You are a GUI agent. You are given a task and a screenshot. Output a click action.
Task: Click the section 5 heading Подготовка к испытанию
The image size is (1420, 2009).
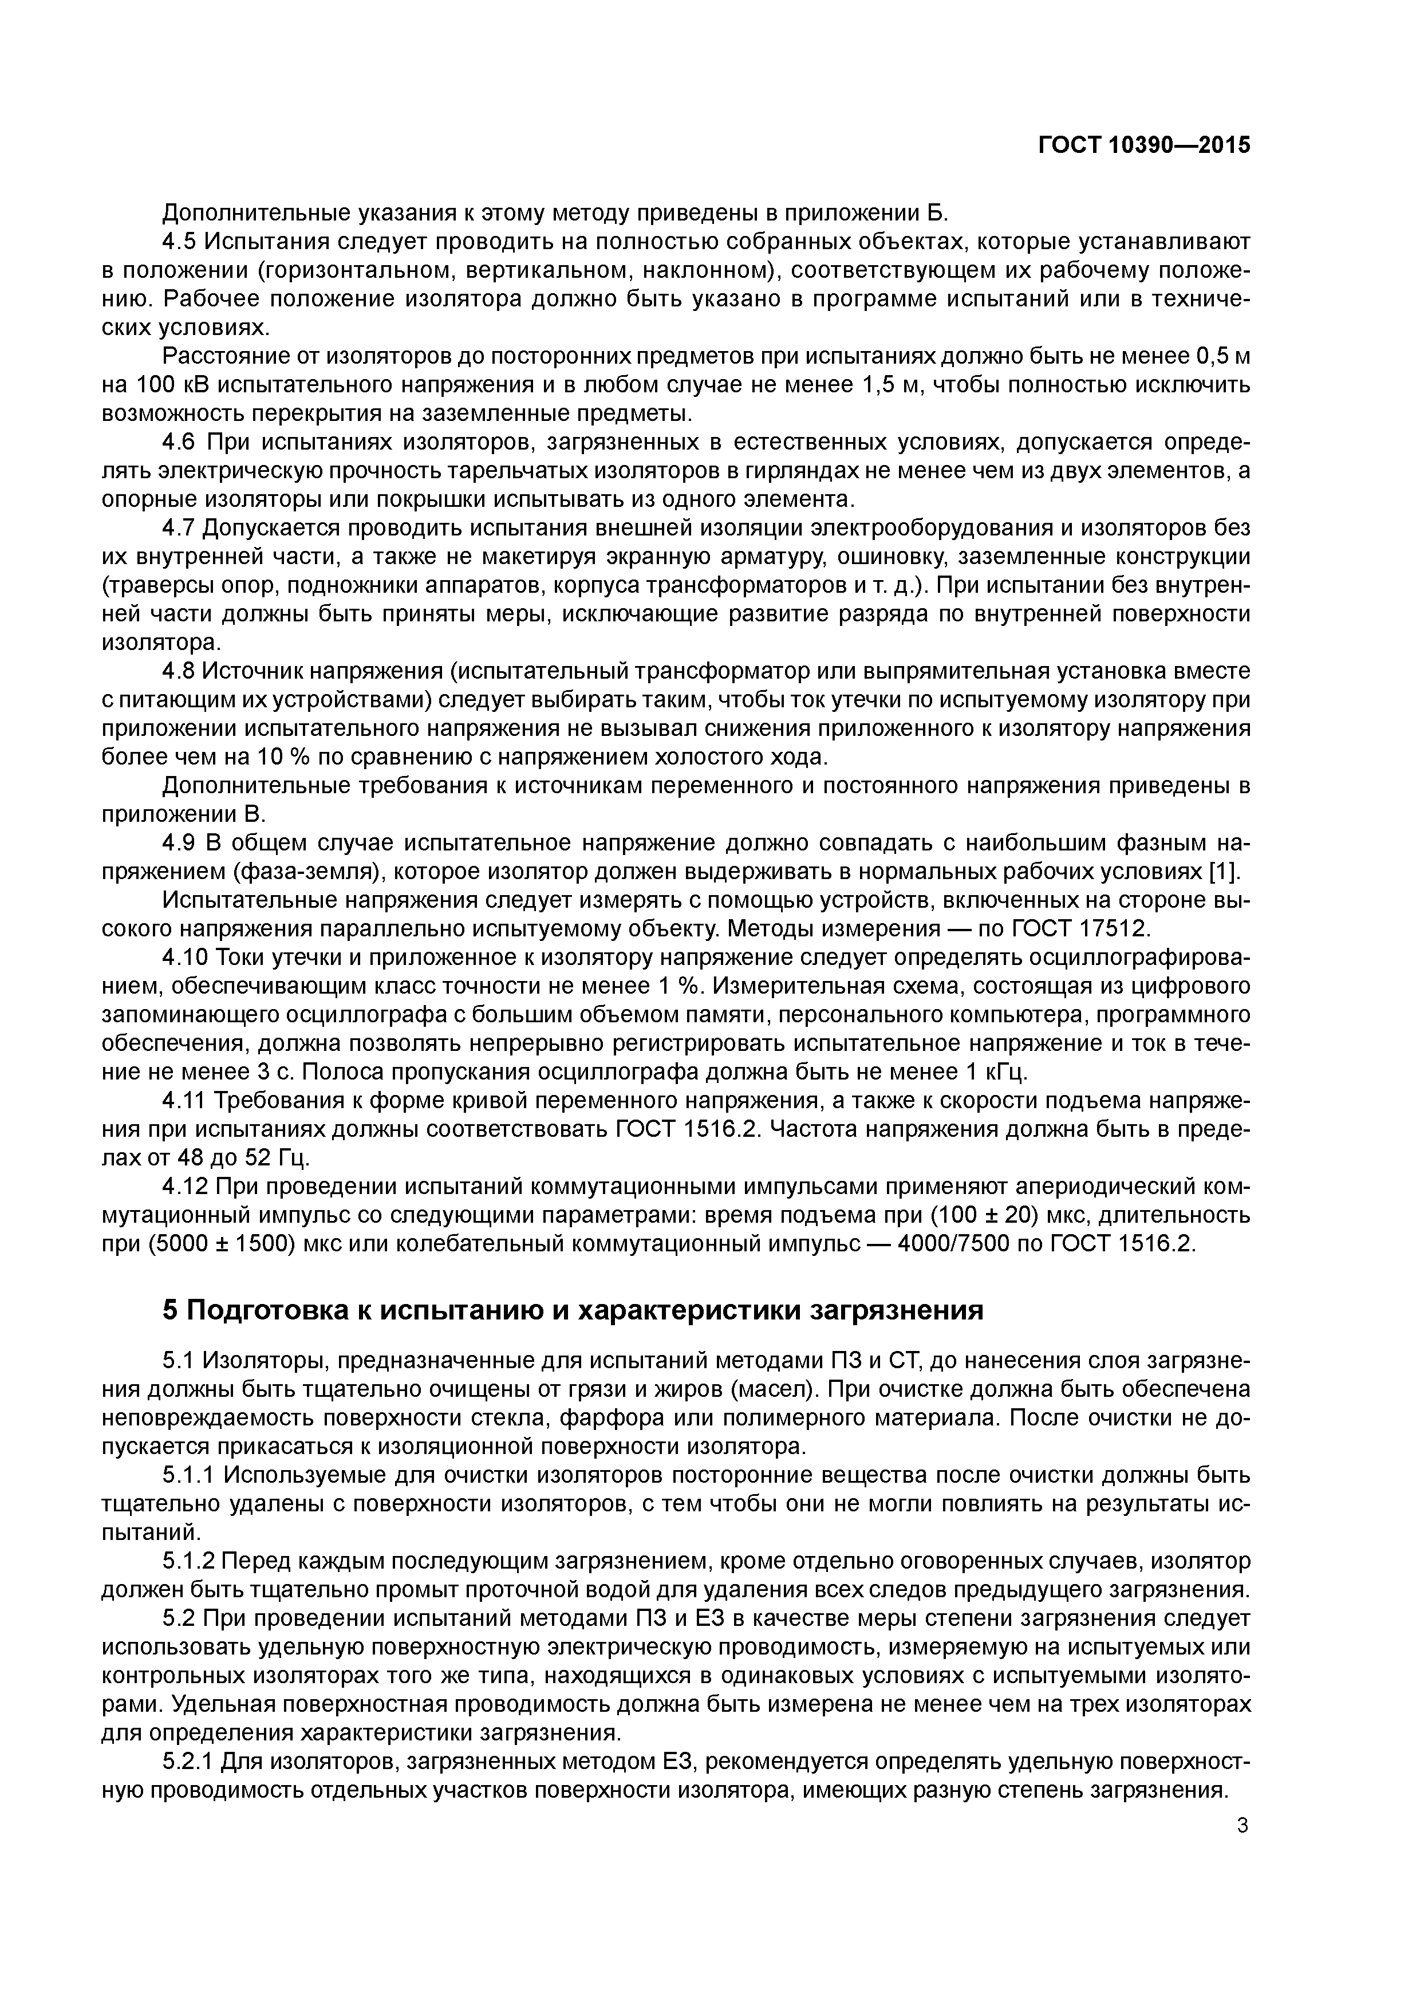(x=573, y=1310)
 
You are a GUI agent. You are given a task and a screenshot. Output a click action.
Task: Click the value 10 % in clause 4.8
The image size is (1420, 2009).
(x=285, y=758)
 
